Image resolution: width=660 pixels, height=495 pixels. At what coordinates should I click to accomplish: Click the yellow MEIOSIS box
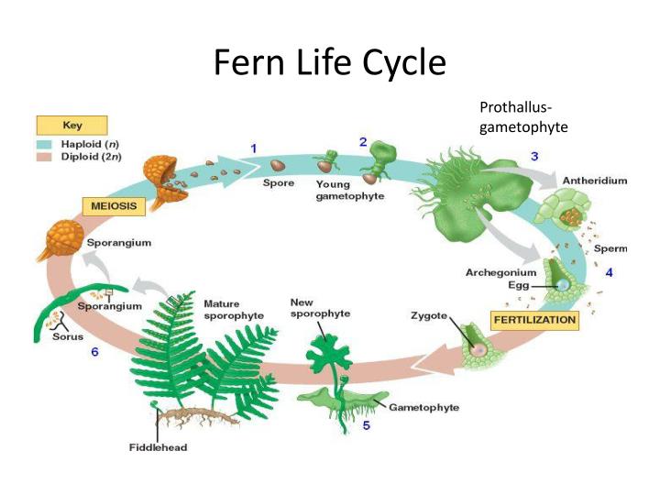click(114, 206)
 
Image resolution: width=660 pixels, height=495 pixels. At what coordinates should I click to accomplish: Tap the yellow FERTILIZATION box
click(534, 320)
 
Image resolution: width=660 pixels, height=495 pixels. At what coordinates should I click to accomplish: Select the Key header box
click(72, 126)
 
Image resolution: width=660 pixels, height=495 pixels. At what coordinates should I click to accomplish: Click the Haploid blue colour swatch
click(44, 145)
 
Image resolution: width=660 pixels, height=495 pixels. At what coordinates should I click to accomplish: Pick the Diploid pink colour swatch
click(44, 157)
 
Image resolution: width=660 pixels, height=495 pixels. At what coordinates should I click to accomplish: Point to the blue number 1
click(253, 148)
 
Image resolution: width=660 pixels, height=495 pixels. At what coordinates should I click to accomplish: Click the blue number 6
click(94, 351)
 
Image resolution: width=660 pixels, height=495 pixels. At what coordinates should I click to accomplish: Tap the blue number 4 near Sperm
click(609, 272)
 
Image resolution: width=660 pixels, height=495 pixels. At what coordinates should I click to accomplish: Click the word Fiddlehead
click(158, 447)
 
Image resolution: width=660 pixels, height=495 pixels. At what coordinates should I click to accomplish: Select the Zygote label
click(429, 315)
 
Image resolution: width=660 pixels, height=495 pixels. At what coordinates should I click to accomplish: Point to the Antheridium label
click(595, 181)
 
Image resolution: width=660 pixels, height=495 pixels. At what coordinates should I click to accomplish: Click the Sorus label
click(68, 336)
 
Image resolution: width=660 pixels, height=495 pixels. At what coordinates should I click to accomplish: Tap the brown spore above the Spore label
click(278, 165)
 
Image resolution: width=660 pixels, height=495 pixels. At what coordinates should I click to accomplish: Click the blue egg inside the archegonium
click(563, 286)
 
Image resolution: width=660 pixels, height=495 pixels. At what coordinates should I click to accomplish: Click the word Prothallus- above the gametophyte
click(515, 107)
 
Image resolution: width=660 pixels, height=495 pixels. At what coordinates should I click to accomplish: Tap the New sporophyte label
click(320, 308)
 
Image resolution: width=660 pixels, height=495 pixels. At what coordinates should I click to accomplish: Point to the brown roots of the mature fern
click(197, 416)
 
